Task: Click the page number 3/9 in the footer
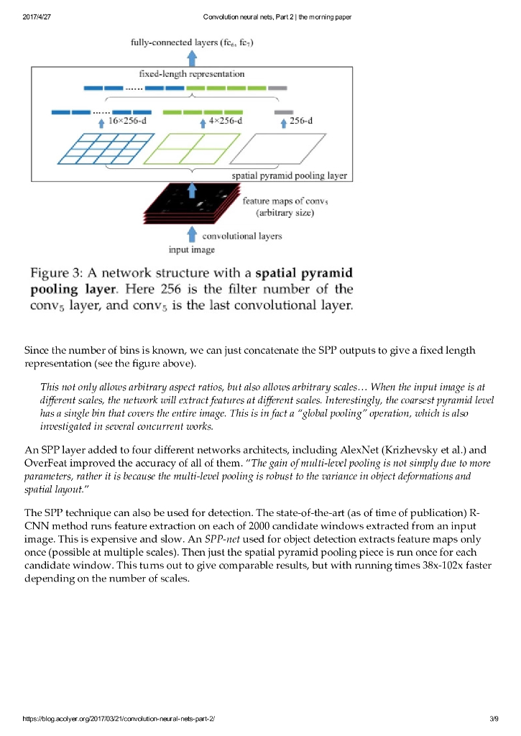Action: click(493, 719)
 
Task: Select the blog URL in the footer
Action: click(119, 719)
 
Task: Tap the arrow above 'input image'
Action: click(191, 234)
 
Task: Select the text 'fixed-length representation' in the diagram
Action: click(191, 74)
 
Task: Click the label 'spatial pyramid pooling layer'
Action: click(289, 175)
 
